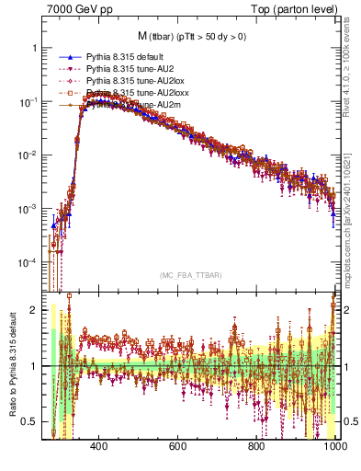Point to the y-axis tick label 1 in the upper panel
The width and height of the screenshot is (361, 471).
[35, 48]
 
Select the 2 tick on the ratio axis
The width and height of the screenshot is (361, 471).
[35, 310]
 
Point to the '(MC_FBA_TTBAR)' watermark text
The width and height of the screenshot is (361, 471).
[188, 275]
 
